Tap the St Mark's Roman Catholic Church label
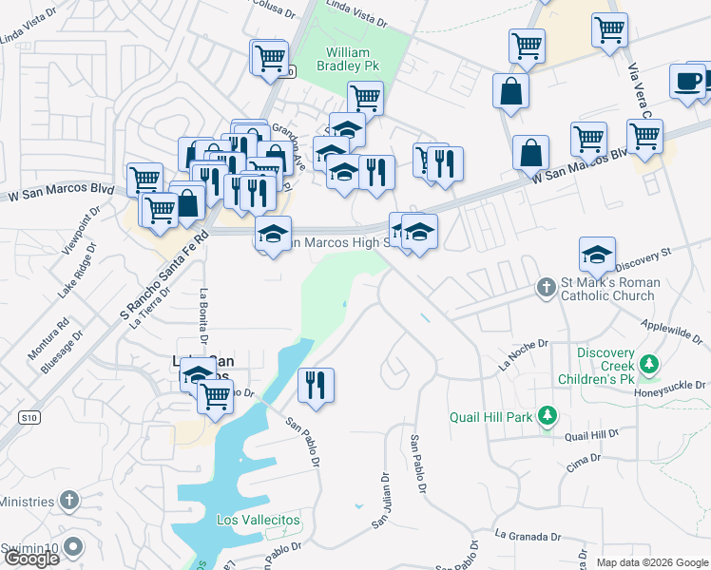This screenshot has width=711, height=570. [608, 289]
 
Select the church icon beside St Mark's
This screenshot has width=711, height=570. [546, 286]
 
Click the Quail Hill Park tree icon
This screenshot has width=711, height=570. [547, 415]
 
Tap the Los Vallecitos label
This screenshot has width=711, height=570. [258, 520]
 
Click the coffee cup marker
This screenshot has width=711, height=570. [686, 82]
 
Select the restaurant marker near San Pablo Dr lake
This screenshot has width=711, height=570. [315, 384]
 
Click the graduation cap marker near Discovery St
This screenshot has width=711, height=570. [597, 254]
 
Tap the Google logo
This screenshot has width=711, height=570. [31, 558]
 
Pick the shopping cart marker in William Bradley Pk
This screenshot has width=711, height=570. [365, 97]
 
